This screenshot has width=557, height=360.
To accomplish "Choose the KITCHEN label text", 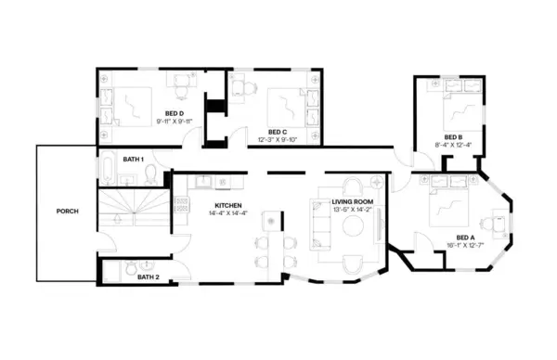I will click(228, 205).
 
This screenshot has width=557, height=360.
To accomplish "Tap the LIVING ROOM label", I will click(352, 201).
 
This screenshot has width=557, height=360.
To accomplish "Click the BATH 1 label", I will click(135, 160).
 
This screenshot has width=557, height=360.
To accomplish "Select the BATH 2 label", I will click(149, 276).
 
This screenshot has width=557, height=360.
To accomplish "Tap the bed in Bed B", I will click(461, 113).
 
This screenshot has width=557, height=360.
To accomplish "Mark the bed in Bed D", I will click(136, 104).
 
